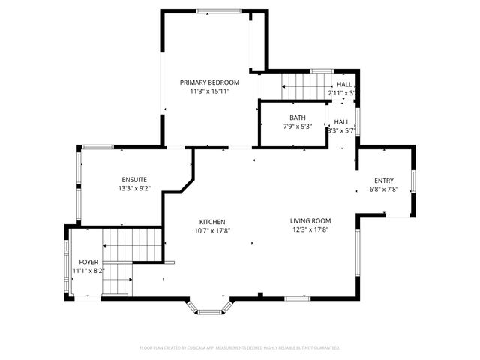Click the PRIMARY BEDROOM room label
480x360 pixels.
(x=209, y=82)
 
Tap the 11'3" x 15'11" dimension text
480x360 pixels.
(x=209, y=91)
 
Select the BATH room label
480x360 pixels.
(x=298, y=118)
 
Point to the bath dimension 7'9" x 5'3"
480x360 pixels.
(x=298, y=127)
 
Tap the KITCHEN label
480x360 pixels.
(x=212, y=221)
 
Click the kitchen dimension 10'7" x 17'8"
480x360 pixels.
(x=212, y=231)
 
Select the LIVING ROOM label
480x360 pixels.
(x=310, y=220)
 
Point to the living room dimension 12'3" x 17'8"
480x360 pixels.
(x=310, y=230)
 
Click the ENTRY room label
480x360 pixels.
(x=384, y=181)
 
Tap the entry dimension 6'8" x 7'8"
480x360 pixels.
(x=384, y=190)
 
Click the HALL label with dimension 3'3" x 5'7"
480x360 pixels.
(x=342, y=121)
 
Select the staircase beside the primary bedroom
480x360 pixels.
(x=305, y=85)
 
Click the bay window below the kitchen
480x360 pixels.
(x=209, y=306)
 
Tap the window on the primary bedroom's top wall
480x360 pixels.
(x=218, y=10)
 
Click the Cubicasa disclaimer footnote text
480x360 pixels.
(x=240, y=347)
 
